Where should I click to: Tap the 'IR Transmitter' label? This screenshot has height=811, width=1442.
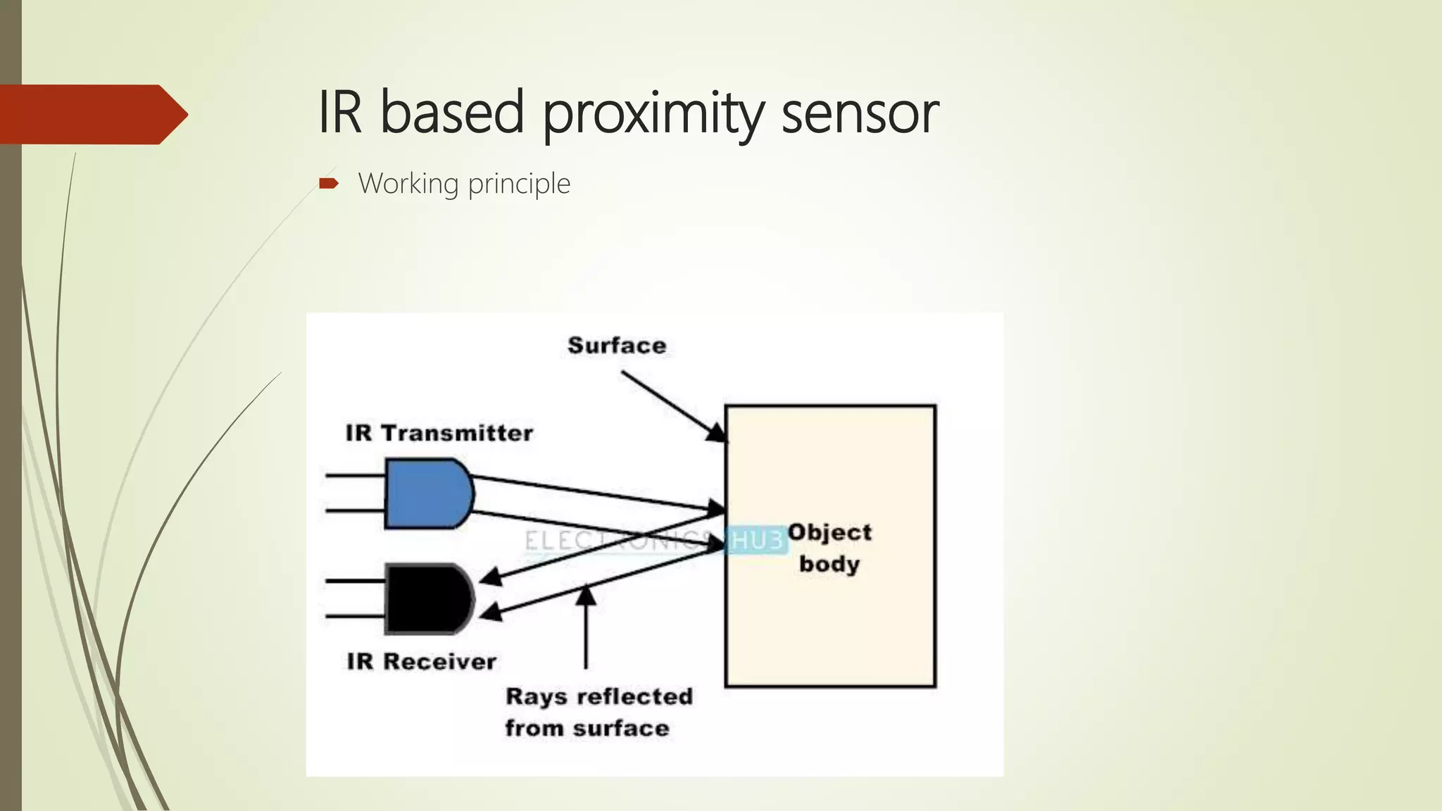[x=439, y=433]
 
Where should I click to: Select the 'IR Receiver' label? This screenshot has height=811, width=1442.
[x=421, y=662]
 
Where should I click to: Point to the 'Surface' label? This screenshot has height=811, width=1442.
[x=617, y=346]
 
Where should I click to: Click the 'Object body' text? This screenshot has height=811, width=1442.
[x=829, y=548]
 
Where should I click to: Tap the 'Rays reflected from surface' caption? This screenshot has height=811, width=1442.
[x=598, y=712]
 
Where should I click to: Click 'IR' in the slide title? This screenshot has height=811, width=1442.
[x=340, y=113]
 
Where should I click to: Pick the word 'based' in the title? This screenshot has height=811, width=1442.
[x=452, y=113]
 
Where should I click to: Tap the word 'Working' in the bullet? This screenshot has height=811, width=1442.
[x=408, y=184]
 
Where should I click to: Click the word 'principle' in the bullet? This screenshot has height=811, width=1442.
[x=519, y=184]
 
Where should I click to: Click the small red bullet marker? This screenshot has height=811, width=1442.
[x=328, y=184]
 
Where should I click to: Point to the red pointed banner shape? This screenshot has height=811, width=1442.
[x=92, y=114]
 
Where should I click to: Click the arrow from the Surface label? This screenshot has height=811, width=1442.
[x=672, y=406]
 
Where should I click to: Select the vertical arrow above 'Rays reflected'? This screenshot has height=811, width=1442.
[x=586, y=627]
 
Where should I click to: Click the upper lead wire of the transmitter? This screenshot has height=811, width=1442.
[x=355, y=476]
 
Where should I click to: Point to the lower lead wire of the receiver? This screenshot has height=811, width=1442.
[x=355, y=616]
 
